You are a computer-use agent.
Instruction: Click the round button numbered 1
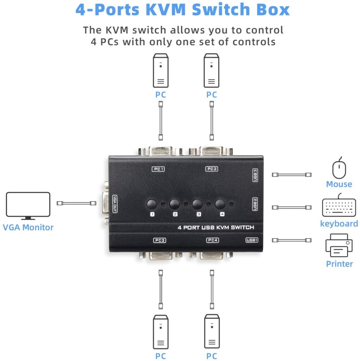coord(152,204)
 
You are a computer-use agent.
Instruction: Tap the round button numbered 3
coord(197,204)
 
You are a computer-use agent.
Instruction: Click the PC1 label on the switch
coord(158,169)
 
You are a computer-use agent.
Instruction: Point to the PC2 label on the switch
coord(212,169)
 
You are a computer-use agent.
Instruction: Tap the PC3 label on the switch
coord(160,241)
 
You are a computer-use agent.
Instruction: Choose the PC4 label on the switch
coord(213,241)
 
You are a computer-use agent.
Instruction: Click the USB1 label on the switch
coord(252,240)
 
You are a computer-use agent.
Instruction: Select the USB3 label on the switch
coord(255,175)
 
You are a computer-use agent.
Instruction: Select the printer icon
coord(339,246)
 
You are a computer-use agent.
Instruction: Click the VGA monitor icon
coord(28,206)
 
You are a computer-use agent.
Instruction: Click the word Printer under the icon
coord(339,264)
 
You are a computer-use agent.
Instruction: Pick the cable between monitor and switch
coord(77,203)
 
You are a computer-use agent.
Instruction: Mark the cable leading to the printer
coord(292,240)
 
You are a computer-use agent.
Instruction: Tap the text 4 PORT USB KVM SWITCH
coord(215,228)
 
